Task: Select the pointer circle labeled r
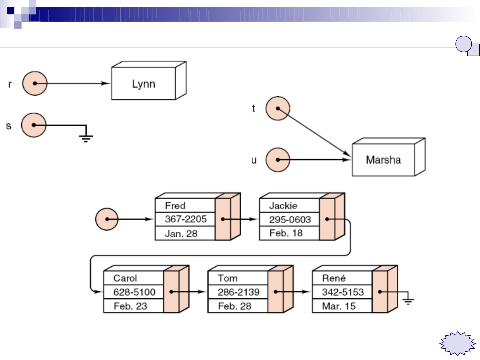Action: pyautogui.click(x=35, y=83)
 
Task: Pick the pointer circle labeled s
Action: pyautogui.click(x=34, y=125)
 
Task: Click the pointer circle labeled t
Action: pyautogui.click(x=278, y=108)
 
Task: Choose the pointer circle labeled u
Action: pyautogui.click(x=278, y=160)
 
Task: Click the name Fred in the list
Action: pyautogui.click(x=175, y=205)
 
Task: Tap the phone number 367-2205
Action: pyautogui.click(x=186, y=219)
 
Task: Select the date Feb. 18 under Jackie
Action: pyautogui.click(x=286, y=233)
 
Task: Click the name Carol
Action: pyautogui.click(x=125, y=278)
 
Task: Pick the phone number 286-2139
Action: pyautogui.click(x=239, y=292)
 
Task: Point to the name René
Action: pyautogui.click(x=334, y=278)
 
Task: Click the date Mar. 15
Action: pyautogui.click(x=339, y=306)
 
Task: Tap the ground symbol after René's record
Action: pyautogui.click(x=408, y=301)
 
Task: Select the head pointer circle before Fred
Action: pyautogui.click(x=107, y=219)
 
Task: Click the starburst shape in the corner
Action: pyautogui.click(x=458, y=343)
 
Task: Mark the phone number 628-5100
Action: pyautogui.click(x=134, y=292)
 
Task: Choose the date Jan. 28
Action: pyautogui.click(x=181, y=233)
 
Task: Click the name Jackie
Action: pyautogui.click(x=283, y=205)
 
